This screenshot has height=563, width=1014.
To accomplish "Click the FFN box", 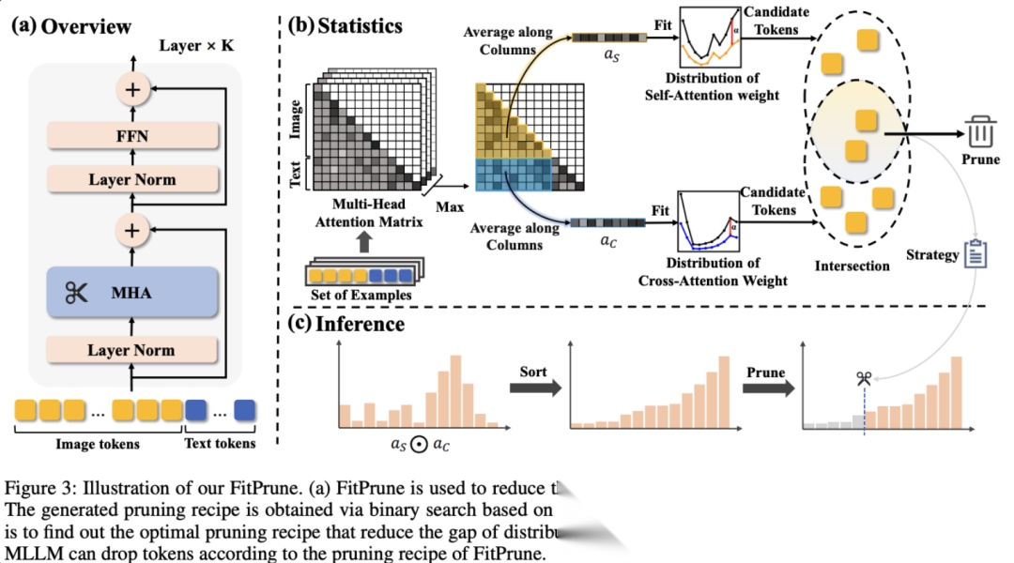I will click(131, 137).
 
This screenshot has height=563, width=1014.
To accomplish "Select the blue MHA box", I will click(131, 294).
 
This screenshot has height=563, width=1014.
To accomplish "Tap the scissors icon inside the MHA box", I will click(75, 294).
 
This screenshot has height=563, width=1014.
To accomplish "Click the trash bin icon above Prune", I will click(979, 131).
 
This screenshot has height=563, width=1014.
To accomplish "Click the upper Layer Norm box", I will click(131, 179).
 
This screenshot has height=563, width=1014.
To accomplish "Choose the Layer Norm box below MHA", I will click(131, 350).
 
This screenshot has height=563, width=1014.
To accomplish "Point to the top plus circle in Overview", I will click(131, 89).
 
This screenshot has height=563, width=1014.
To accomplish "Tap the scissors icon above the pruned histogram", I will click(864, 378).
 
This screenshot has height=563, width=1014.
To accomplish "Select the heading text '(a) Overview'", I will click(71, 25).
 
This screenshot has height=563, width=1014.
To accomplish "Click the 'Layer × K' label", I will click(194, 46).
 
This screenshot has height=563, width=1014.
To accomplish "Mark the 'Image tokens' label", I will click(96, 444).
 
